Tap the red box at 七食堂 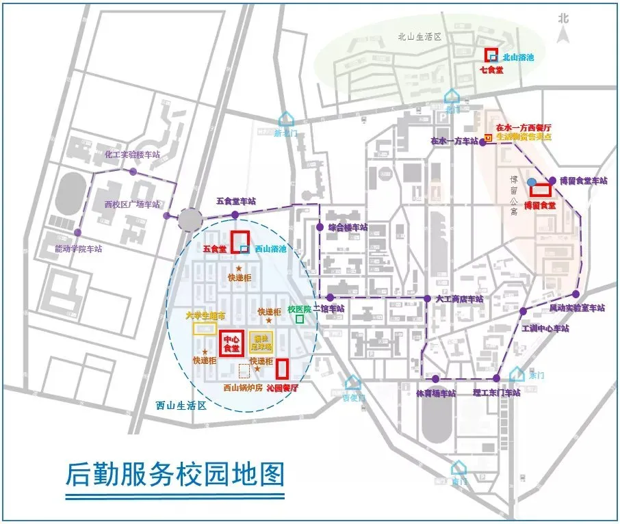pos(491,55)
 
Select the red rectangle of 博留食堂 pos(540,191)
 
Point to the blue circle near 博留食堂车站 pos(532,181)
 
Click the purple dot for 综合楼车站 pos(320,227)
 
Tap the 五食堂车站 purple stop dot pos(235,215)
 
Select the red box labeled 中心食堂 pos(230,343)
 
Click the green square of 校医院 pos(299,319)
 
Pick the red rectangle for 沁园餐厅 pos(281,368)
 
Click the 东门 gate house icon pos(516,374)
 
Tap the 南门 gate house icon pos(458,468)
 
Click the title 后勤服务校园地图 pos(175,473)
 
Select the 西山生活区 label pos(181,405)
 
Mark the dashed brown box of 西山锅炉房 pos(244,371)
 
